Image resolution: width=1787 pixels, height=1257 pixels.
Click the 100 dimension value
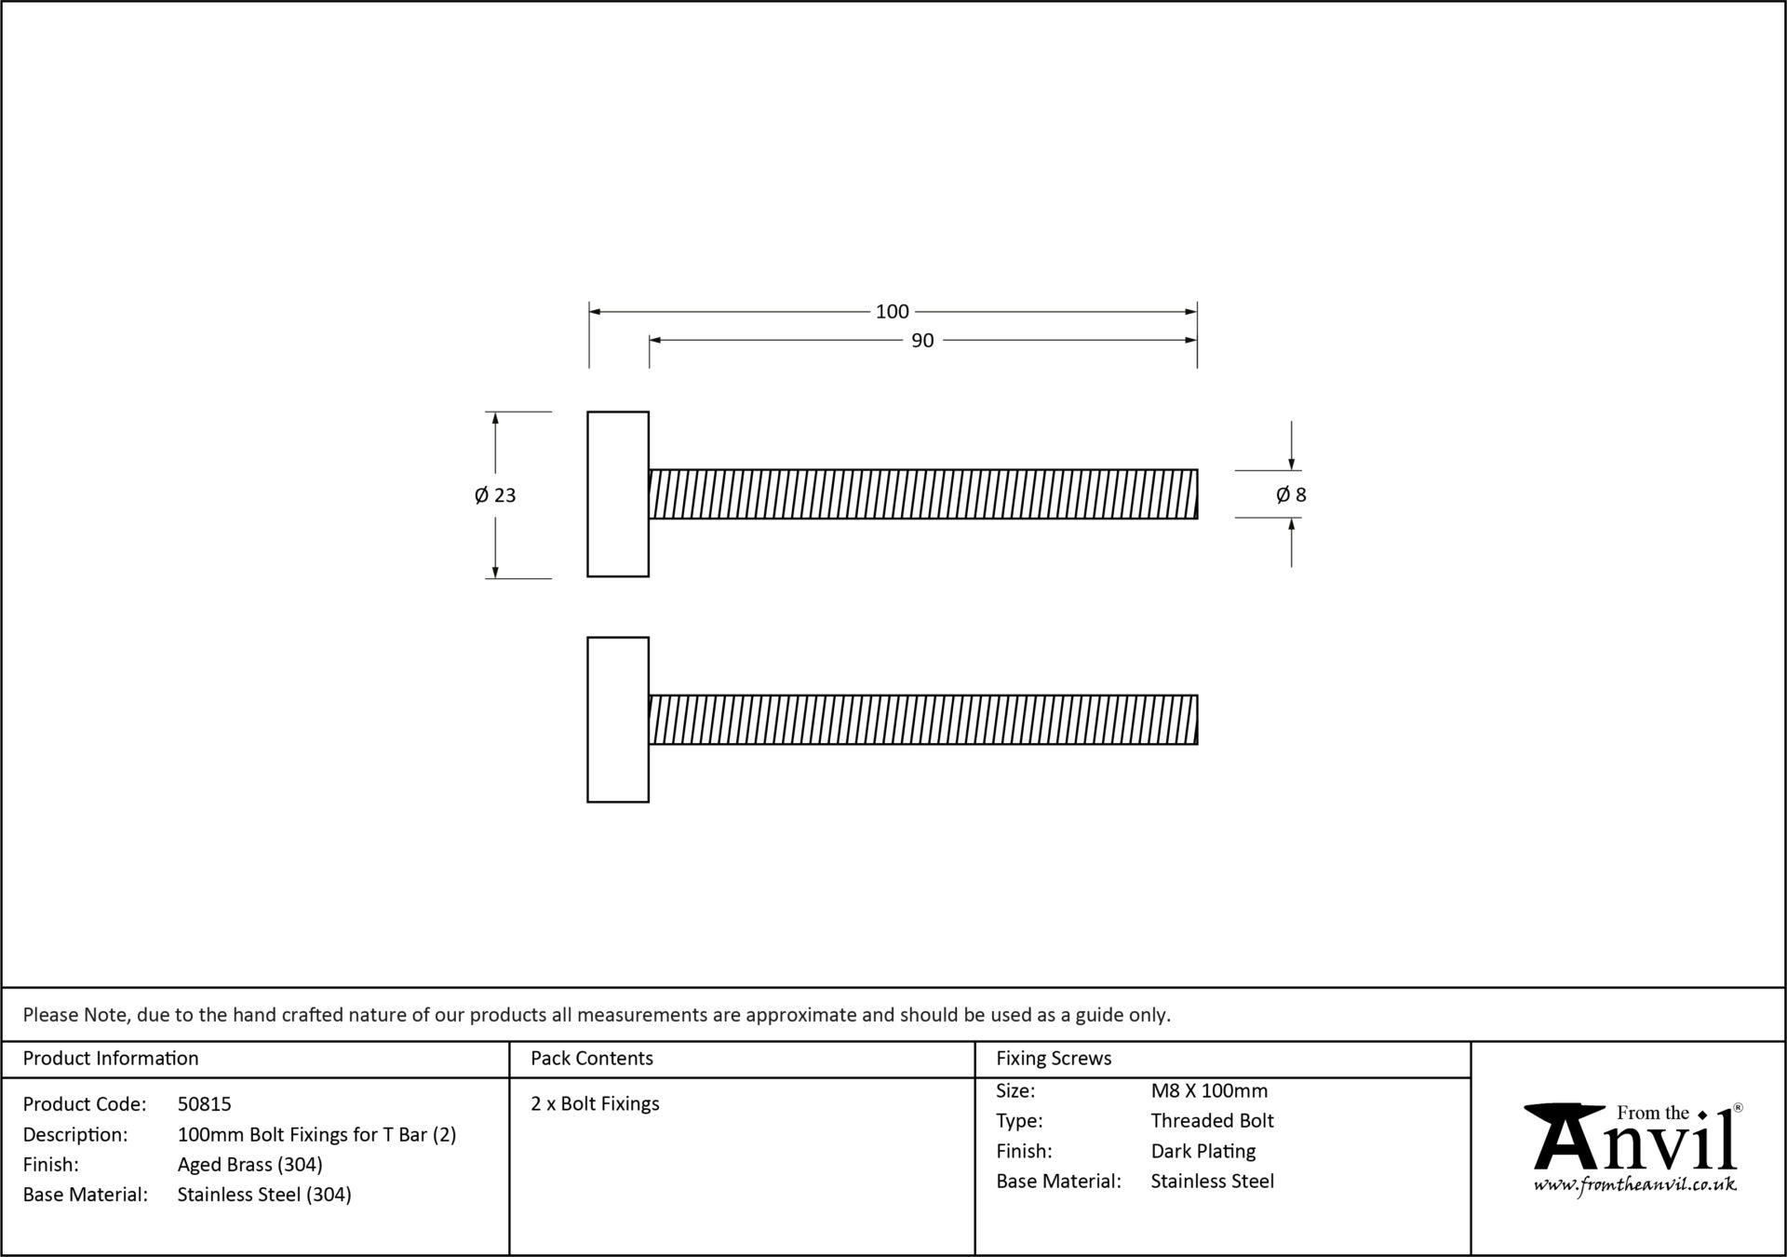(x=892, y=312)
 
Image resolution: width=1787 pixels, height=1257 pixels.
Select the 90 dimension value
(x=922, y=342)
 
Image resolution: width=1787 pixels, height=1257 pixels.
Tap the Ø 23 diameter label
(x=495, y=495)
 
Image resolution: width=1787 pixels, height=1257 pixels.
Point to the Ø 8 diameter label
(x=1291, y=495)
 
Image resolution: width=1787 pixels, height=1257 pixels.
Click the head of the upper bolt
(x=618, y=494)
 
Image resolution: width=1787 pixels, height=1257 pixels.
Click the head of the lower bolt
(x=618, y=720)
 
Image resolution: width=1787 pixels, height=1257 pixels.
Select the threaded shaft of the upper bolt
(x=922, y=494)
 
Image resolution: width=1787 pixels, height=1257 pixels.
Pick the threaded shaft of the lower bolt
(x=922, y=720)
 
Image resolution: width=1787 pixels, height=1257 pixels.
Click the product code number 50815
(x=204, y=1104)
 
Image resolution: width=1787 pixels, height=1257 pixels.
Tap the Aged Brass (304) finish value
(x=249, y=1165)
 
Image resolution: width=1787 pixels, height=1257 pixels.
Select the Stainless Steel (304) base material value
(x=264, y=1195)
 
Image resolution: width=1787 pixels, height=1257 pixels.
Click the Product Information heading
(x=111, y=1059)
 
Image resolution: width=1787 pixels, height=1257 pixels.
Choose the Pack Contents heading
(x=592, y=1059)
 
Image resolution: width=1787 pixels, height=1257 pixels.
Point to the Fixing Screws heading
(x=1054, y=1059)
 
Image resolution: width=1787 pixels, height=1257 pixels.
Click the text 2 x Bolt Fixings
(x=595, y=1104)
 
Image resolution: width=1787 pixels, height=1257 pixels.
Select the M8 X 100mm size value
(x=1209, y=1091)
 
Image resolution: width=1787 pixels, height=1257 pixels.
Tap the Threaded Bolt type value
(x=1212, y=1121)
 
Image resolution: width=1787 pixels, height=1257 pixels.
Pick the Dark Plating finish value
(x=1203, y=1152)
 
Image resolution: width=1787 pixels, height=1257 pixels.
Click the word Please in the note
(x=50, y=1015)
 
